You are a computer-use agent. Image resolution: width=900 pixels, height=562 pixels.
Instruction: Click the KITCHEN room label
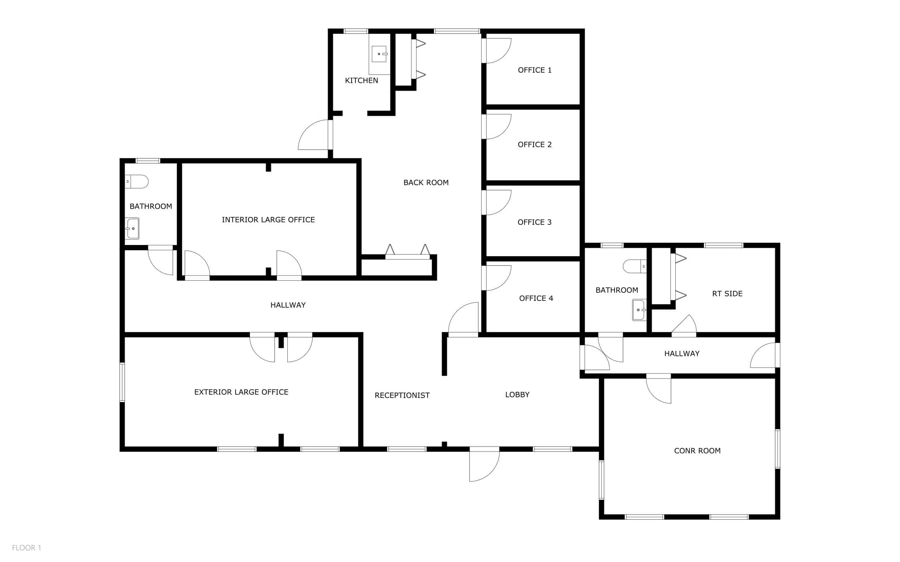(361, 80)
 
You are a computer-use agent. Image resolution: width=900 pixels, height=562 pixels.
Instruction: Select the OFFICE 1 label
(535, 70)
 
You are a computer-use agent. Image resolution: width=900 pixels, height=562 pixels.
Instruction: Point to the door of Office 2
(497, 127)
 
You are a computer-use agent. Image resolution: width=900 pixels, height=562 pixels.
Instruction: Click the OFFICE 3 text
(535, 222)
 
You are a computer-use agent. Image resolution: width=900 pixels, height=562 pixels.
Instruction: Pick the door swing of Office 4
(497, 278)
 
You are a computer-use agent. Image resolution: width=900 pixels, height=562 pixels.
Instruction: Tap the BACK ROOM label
(426, 182)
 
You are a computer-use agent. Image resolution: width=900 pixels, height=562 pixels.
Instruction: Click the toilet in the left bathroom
(136, 182)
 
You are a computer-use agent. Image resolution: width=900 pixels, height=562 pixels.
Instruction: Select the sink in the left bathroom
(132, 228)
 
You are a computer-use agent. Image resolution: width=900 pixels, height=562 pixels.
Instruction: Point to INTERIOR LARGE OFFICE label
(268, 220)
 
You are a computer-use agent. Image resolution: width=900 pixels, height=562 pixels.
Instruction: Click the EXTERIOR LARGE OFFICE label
(241, 392)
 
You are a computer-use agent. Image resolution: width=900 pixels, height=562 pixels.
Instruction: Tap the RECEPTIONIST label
(402, 395)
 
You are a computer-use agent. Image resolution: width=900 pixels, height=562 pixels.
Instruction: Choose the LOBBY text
(517, 395)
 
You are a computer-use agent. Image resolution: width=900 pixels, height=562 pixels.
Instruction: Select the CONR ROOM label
(697, 451)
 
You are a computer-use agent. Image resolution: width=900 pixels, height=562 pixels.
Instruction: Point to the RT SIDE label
(727, 293)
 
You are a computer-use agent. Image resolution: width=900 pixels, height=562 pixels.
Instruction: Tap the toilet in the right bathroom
(635, 266)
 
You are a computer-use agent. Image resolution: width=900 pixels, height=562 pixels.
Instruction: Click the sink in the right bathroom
(639, 310)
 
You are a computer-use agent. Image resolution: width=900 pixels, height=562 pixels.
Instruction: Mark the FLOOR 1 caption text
(26, 548)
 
